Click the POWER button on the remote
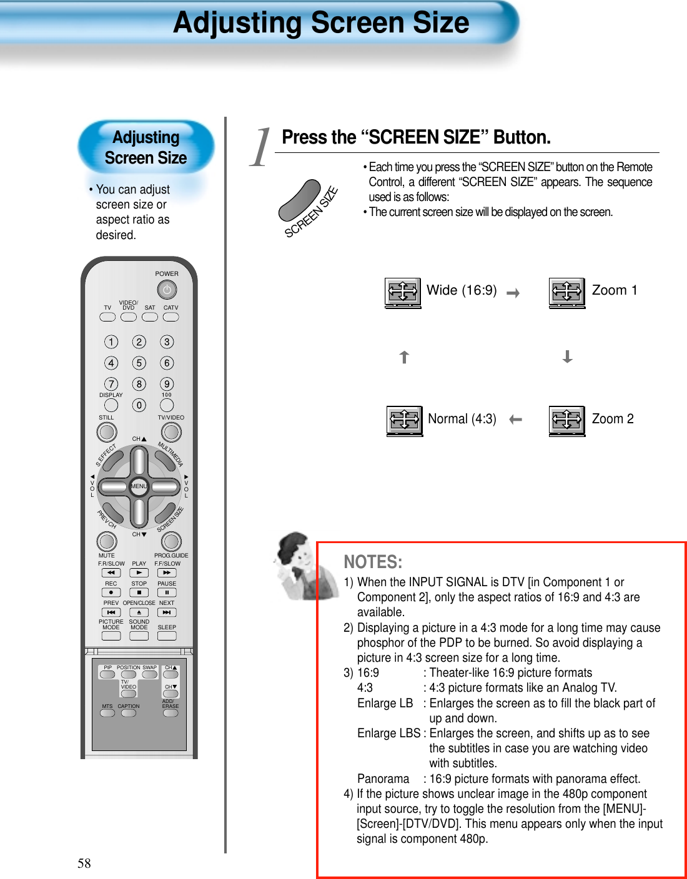[167, 290]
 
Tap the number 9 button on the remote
[167, 384]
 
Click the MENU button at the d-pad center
[139, 486]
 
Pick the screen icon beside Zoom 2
[567, 420]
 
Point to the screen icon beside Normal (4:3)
[404, 420]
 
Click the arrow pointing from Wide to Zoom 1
[513, 293]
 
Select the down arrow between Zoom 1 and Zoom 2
[567, 356]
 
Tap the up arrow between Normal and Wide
[404, 356]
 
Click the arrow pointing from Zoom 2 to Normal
[515, 420]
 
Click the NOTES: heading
[373, 562]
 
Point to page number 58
[84, 863]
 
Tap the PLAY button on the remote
[139, 572]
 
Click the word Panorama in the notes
[383, 778]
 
